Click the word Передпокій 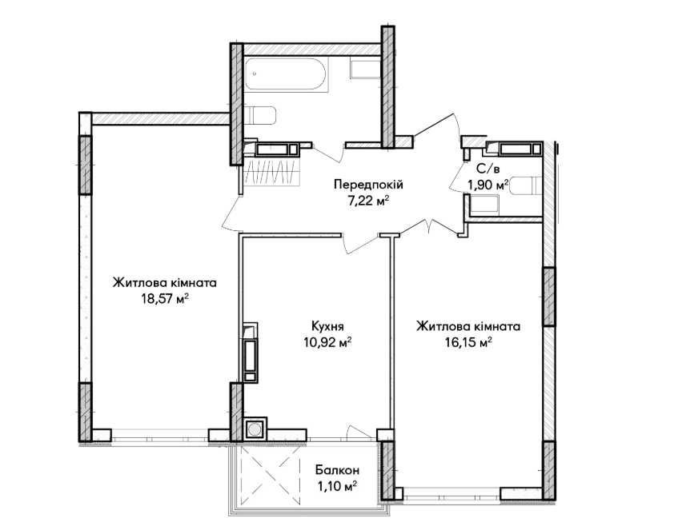pyautogui.click(x=367, y=185)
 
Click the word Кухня pyautogui.click(x=328, y=326)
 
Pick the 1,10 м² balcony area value pyautogui.click(x=335, y=485)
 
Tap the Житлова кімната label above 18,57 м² pyautogui.click(x=165, y=283)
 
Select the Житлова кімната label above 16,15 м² pyautogui.click(x=468, y=326)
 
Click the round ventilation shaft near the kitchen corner pyautogui.click(x=255, y=430)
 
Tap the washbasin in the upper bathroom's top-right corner pyautogui.click(x=364, y=70)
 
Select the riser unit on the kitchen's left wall pyautogui.click(x=251, y=352)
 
